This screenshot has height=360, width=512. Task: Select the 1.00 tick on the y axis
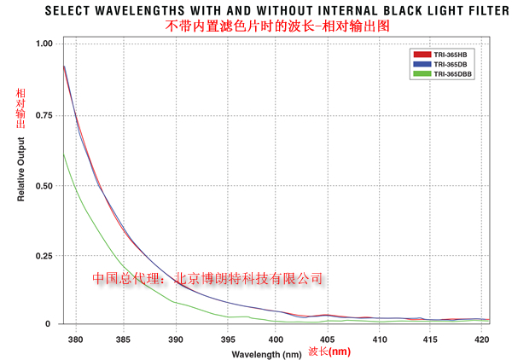tap(44, 44)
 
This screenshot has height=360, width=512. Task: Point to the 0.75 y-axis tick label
tap(44, 114)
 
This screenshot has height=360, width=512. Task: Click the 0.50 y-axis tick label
tap(44, 185)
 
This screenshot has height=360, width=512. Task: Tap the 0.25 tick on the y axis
tap(44, 255)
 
